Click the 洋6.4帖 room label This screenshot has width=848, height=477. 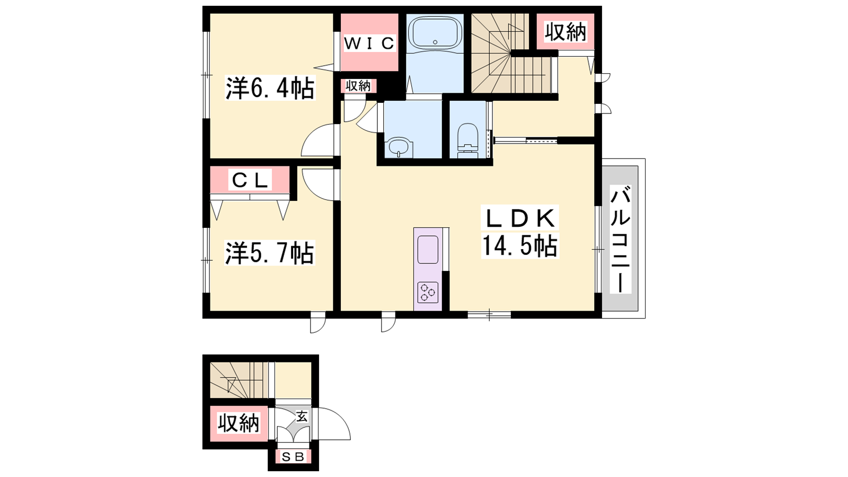tap(270, 88)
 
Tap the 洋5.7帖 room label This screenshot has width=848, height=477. tap(270, 252)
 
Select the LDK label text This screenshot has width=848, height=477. tap(520, 218)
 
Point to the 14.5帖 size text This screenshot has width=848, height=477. tap(520, 246)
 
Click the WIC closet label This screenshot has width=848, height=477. tap(369, 43)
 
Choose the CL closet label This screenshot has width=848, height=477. tap(250, 180)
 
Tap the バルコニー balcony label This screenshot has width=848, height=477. tap(621, 239)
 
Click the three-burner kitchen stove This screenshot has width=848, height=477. tap(428, 292)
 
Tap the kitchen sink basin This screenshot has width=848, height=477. tap(428, 250)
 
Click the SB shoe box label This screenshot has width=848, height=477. tap(294, 457)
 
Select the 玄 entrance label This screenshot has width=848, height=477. tap(302, 417)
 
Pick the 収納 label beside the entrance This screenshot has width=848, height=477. tap(238, 423)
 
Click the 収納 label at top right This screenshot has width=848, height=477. tap(566, 31)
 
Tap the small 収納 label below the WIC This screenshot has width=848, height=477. tap(358, 86)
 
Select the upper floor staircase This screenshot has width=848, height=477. tap(511, 53)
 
